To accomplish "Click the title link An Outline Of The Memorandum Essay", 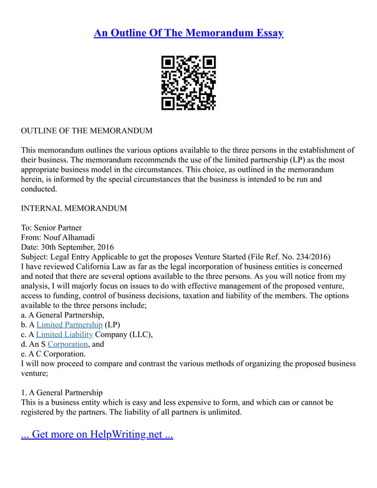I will [x=188, y=32].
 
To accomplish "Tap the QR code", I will [x=188, y=83].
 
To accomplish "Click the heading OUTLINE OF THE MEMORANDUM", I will [x=86, y=131].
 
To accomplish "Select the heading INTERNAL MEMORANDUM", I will [x=74, y=209].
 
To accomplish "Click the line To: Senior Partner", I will [x=51, y=227].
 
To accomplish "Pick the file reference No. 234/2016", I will [x=302, y=256].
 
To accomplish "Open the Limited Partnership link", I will [x=70, y=324].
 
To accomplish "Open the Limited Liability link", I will [x=64, y=334].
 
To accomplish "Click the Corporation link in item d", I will [x=68, y=344].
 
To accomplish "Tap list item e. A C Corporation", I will [x=54, y=353].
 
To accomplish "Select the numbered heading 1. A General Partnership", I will [x=61, y=392].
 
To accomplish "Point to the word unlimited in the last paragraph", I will [x=223, y=412].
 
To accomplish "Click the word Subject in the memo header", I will [x=36, y=256].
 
